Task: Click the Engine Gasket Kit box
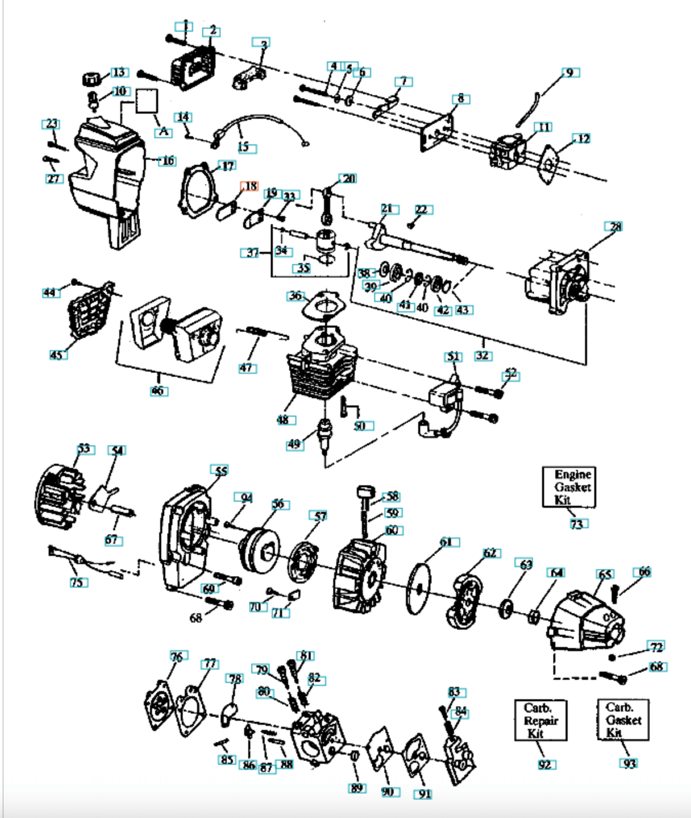coord(569,487)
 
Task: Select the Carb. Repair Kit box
coord(540,720)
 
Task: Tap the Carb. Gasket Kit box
coord(623,720)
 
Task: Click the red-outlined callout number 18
coord(250,186)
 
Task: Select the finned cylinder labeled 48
coord(320,369)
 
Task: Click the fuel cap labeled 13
coord(91,79)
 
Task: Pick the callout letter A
coord(164,132)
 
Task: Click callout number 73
coord(577,524)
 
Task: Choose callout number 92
coord(545,764)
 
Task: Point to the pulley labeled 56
coord(260,549)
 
